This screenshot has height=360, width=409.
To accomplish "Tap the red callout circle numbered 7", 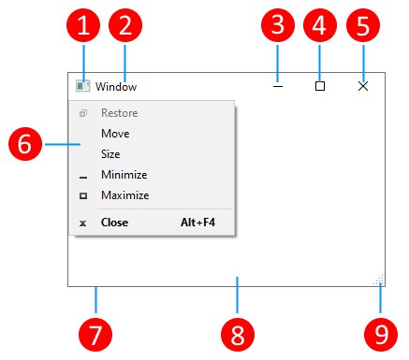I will (x=96, y=332).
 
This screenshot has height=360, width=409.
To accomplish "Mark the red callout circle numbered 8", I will (x=239, y=332).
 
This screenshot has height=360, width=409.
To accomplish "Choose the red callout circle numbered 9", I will (x=381, y=332).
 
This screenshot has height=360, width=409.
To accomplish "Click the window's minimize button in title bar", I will (x=277, y=86).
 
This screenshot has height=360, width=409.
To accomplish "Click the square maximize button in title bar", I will (x=320, y=86).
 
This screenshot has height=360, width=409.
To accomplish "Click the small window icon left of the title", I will (x=83, y=86).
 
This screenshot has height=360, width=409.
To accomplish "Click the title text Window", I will (x=116, y=87).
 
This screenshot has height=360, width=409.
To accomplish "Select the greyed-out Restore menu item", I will (x=119, y=113).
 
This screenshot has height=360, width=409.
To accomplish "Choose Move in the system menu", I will (x=115, y=134).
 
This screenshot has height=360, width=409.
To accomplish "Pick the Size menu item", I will (x=110, y=154).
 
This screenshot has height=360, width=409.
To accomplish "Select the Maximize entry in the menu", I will (x=124, y=195).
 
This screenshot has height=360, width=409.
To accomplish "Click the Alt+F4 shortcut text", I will (x=198, y=223).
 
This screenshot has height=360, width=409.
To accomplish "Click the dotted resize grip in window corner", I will (x=379, y=280).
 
